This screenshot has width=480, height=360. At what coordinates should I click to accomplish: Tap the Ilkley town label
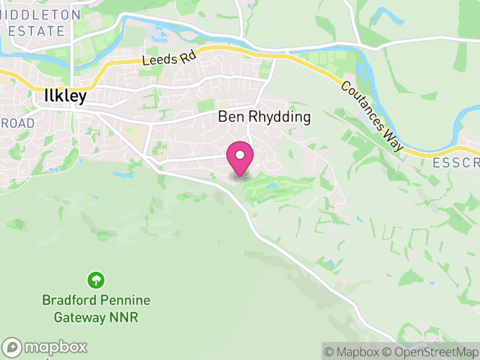pyautogui.click(x=65, y=96)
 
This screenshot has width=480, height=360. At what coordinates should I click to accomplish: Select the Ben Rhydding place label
pyautogui.click(x=264, y=117)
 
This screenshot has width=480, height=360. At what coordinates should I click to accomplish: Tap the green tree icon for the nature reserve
pyautogui.click(x=96, y=280)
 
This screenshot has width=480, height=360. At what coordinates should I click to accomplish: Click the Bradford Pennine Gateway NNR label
pyautogui.click(x=96, y=308)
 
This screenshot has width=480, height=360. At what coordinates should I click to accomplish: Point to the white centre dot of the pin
pyautogui.click(x=240, y=155)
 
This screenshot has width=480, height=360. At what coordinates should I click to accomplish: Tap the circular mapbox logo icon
pyautogui.click(x=13, y=347)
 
